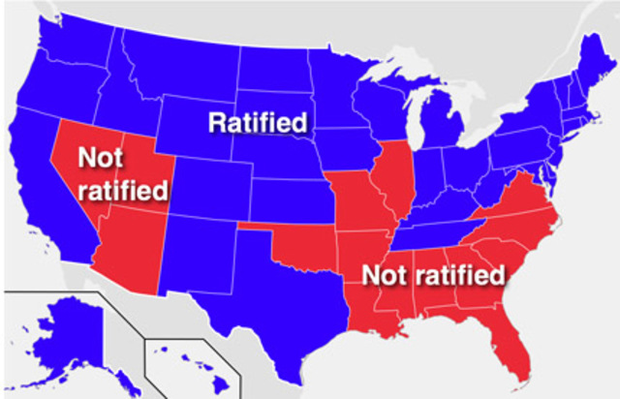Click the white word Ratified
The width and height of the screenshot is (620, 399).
(x=259, y=123)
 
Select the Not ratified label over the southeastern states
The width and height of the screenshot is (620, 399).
(x=433, y=275)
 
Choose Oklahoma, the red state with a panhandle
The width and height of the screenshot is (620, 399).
(x=305, y=247)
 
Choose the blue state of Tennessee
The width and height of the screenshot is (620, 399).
(x=436, y=232)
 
